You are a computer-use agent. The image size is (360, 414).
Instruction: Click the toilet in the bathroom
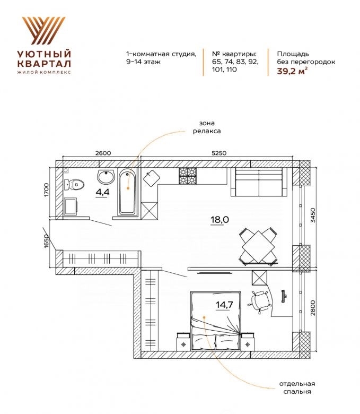coord(74,184)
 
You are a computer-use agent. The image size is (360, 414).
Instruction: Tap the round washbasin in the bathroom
coord(106,177)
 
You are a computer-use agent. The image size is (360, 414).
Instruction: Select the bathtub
coord(128,192)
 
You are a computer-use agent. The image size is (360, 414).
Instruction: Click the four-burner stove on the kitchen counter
coord(188,176)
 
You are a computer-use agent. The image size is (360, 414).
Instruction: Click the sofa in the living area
coord(259,182)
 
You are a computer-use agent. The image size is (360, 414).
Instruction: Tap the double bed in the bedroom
coord(216,321)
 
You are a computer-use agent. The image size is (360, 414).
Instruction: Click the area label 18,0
coord(219,219)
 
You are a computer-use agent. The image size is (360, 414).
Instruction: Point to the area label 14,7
coord(224,305)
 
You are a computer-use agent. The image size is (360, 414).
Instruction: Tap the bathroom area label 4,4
coord(102,192)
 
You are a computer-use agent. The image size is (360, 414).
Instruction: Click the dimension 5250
coord(219,153)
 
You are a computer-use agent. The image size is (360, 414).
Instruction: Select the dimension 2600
coord(103,153)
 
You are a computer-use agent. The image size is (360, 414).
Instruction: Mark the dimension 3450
coord(313,215)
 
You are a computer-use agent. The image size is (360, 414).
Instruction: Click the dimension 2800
coord(313,308)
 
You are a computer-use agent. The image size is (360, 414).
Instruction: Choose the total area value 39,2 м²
coord(292,71)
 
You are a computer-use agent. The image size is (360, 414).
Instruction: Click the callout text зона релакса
coord(207,127)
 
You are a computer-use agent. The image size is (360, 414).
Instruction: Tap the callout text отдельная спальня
coord(297,387)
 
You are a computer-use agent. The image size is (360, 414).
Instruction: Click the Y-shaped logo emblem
coord(44,31)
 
